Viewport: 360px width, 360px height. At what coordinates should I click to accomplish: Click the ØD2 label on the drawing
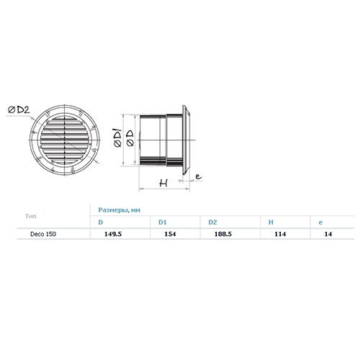click(19, 110)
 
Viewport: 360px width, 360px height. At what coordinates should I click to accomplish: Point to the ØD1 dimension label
click(118, 138)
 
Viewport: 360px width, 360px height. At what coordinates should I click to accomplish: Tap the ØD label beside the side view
click(130, 138)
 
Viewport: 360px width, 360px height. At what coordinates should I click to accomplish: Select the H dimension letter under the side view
click(163, 183)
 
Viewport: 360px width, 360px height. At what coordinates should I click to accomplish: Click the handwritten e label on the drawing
click(198, 176)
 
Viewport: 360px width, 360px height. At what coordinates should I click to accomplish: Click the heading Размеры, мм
click(119, 210)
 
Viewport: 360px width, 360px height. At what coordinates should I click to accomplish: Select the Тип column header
click(31, 216)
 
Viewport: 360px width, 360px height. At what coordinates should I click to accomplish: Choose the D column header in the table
click(101, 222)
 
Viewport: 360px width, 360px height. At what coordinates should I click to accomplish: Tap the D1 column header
click(162, 222)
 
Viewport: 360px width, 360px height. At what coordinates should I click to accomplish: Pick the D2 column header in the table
click(212, 222)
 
